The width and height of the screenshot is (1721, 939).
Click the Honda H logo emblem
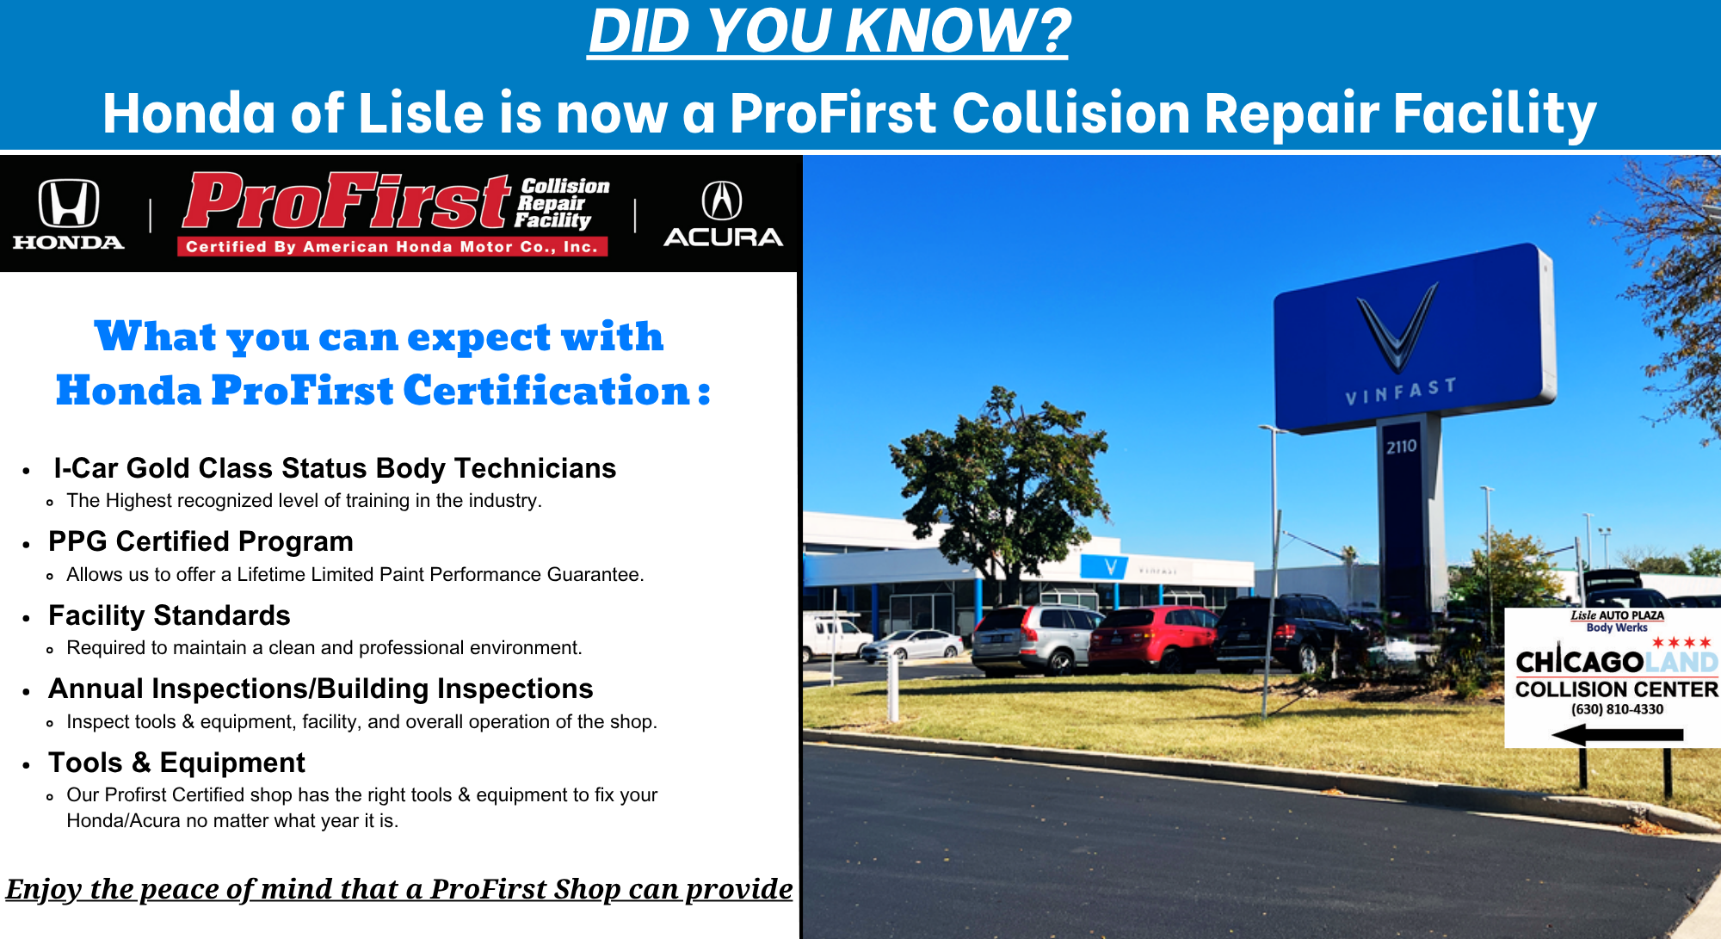click(69, 203)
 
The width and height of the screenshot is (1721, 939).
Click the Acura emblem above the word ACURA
click(722, 201)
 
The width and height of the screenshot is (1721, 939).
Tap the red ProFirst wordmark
click(348, 201)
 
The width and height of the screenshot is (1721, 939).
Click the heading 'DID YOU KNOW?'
click(829, 31)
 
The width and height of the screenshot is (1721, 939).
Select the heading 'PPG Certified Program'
click(200, 541)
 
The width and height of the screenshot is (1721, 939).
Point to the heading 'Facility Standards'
click(170, 615)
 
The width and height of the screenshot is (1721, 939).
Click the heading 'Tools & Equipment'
click(176, 763)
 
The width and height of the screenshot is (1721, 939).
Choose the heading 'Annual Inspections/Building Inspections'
click(321, 689)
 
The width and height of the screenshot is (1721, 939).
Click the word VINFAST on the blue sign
click(1401, 391)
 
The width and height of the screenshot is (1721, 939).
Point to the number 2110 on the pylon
click(1401, 447)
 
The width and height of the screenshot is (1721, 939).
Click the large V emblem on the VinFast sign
click(1397, 327)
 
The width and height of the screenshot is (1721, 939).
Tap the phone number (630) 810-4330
click(1617, 709)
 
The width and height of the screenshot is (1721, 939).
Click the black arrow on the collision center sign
click(1617, 735)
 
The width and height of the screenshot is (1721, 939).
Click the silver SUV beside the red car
click(1035, 638)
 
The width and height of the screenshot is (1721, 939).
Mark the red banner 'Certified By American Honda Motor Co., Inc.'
click(392, 247)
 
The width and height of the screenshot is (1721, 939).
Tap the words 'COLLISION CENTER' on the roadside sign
click(1616, 689)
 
